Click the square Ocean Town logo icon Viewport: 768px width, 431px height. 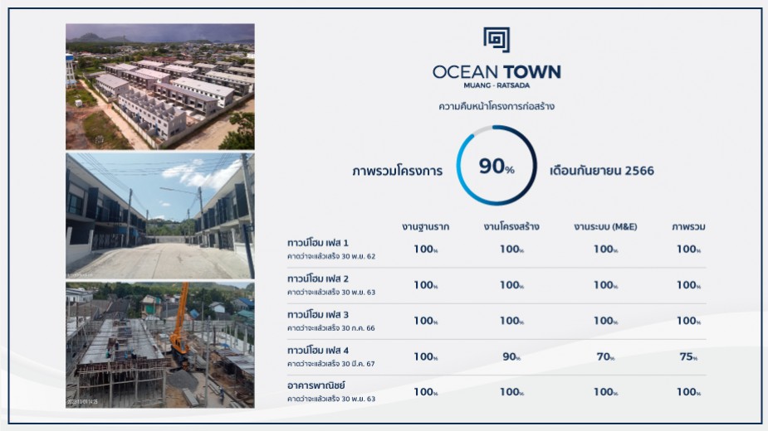pos(496,40)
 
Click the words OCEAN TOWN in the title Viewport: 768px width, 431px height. pos(497,72)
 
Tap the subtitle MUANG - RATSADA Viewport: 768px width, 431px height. pos(497,86)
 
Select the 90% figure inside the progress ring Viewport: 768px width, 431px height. pos(496,167)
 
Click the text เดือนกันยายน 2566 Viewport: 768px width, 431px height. pos(602,171)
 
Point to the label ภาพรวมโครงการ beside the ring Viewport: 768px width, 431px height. pos(397,171)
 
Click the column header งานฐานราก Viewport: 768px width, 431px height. pos(425,226)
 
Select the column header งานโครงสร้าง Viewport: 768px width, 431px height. pos(511,226)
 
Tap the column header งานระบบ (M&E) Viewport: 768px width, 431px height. pos(605,226)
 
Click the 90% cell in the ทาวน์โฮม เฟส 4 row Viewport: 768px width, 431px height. pos(511,356)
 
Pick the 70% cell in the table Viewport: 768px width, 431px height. pos(605,356)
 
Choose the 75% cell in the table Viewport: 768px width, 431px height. pos(688,356)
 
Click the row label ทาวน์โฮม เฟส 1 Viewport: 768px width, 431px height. pos(318,243)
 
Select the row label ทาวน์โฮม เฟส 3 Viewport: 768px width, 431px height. pos(318,315)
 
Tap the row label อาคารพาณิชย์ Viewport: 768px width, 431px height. pos(316,386)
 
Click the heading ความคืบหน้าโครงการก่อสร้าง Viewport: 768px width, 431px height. pos(497,107)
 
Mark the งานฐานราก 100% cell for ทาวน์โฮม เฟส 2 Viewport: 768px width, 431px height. pos(425,285)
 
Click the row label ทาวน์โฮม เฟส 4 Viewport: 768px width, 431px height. pos(318,351)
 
